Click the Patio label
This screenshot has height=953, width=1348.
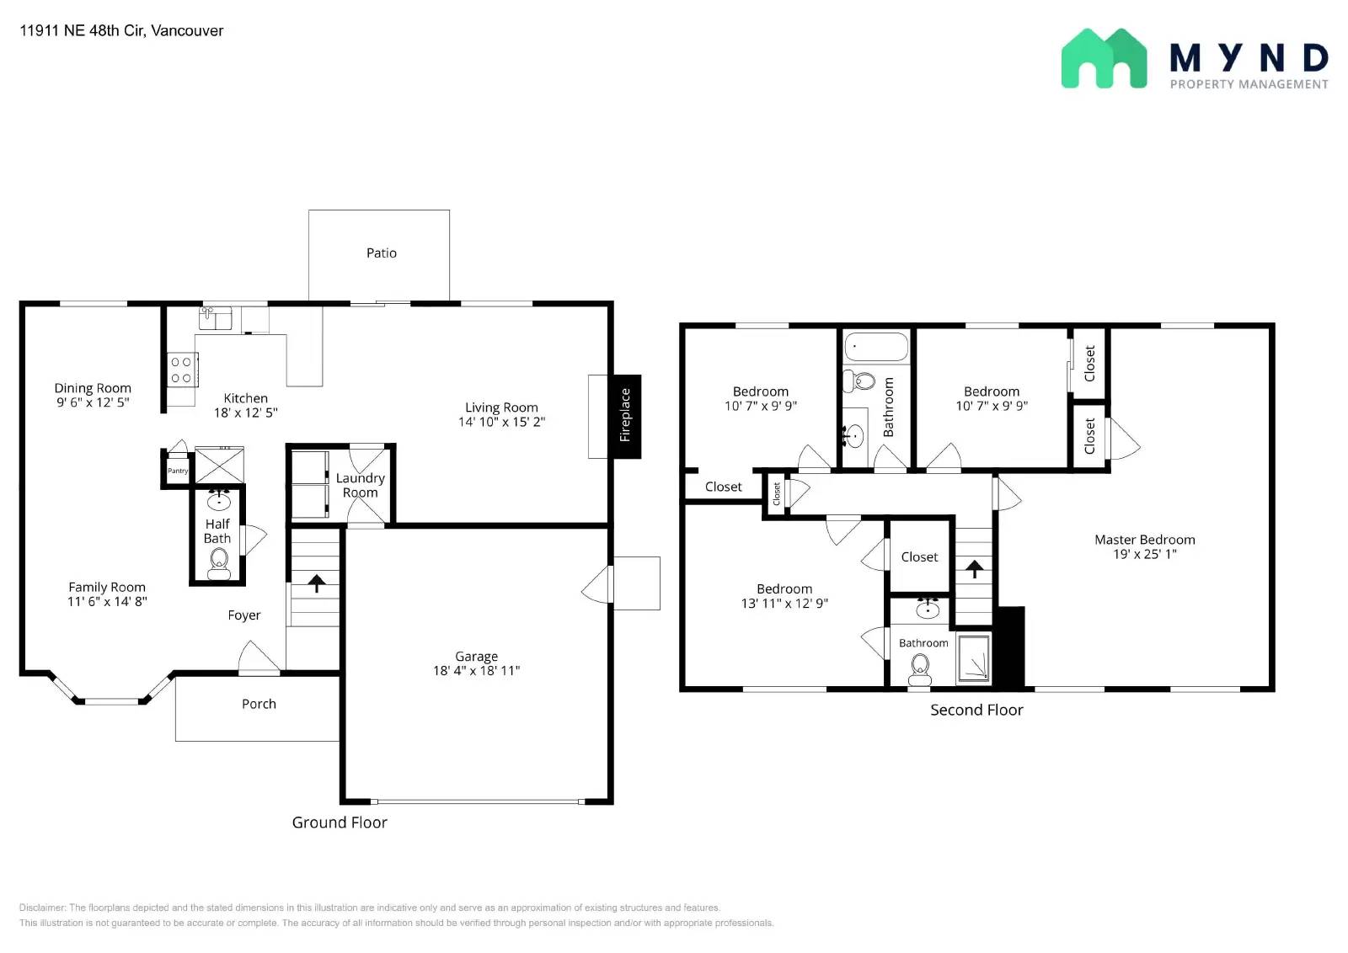[x=382, y=253]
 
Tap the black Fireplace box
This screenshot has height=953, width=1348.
[x=627, y=416]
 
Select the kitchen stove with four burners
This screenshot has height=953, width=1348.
[x=182, y=370]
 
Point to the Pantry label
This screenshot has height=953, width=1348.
[x=178, y=471]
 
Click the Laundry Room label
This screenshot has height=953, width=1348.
[x=360, y=485]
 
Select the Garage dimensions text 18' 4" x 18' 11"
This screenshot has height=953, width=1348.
[x=476, y=670]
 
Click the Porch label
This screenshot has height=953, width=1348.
[x=259, y=704]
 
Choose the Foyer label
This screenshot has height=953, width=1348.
[x=243, y=615]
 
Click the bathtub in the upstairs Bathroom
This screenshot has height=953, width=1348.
[x=876, y=347]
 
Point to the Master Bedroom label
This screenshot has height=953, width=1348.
[x=1145, y=540]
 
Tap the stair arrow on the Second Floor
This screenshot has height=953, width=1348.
[x=974, y=569]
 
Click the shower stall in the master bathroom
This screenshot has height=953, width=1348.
[x=973, y=658]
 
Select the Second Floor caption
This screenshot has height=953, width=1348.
[x=976, y=710]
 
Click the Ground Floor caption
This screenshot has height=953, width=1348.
[x=340, y=823]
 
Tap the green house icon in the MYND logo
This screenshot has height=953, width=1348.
[x=1104, y=58]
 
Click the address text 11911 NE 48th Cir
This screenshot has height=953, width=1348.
[x=83, y=30]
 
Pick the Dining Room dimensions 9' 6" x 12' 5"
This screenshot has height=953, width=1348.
[x=93, y=402]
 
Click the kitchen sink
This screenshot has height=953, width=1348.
[x=215, y=318]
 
